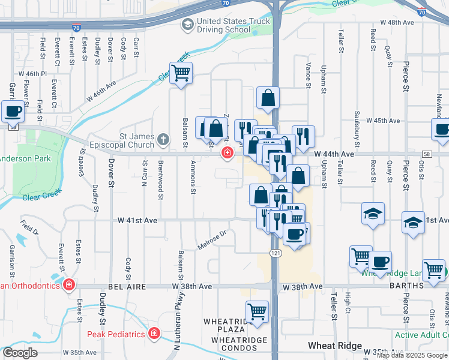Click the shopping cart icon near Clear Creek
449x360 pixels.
coord(181,74)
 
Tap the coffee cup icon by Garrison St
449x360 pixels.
coord(13,111)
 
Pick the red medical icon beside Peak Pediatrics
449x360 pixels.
coord(154,332)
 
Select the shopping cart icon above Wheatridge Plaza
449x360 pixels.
coord(257,312)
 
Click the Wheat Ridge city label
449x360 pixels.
coord(335,346)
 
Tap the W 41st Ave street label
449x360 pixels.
coord(138,221)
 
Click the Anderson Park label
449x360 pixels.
coord(24,158)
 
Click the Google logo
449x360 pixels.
coord(20,353)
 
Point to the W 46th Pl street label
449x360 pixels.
coord(32,74)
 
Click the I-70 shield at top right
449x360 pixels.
coord(421,11)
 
